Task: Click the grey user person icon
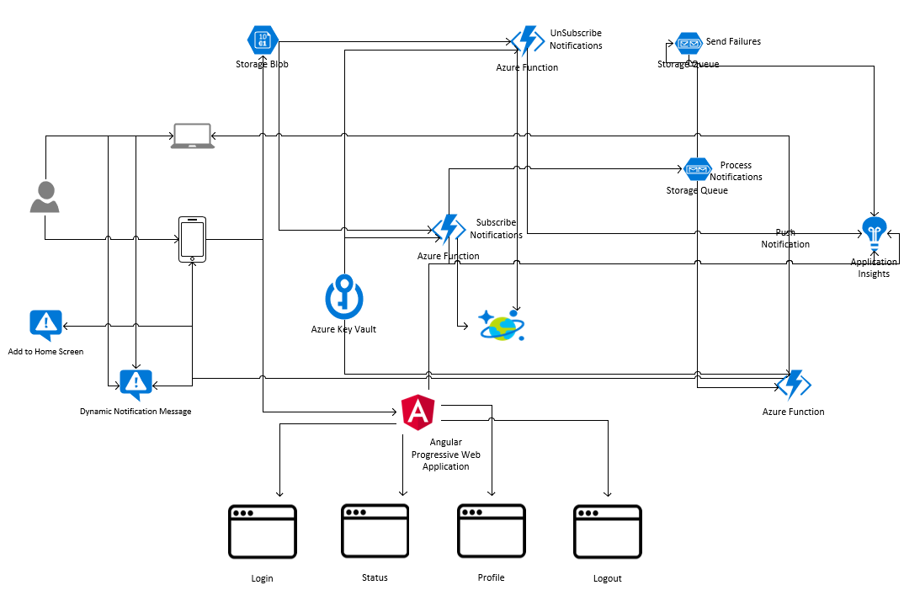coord(45,197)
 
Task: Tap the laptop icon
coord(193,136)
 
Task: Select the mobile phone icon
coord(192,239)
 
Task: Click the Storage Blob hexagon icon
coord(263,40)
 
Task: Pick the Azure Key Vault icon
coord(343,296)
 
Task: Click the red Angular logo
coord(418,412)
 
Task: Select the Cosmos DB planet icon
coord(502,325)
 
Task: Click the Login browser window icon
coord(263,531)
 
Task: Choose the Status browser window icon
coord(375,530)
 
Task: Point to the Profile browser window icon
coord(491,530)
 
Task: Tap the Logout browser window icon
coord(607,531)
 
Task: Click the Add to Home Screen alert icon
coord(45,324)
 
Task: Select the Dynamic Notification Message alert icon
coord(136,384)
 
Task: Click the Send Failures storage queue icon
coord(689,44)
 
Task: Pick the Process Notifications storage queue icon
coord(698,170)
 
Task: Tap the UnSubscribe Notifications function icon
coord(528,40)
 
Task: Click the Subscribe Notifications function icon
coord(449,230)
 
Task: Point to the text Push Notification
coord(785,238)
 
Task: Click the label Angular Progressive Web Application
coord(445,455)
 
